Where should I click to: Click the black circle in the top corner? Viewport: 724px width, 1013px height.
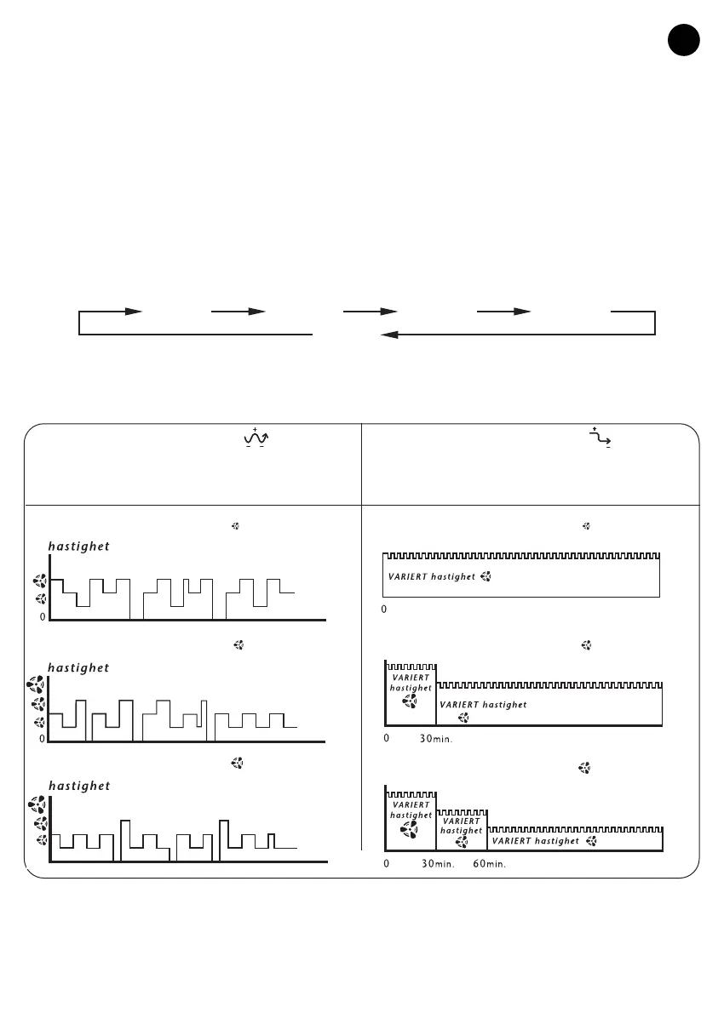[x=684, y=41]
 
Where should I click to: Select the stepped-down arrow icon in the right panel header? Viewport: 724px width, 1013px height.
[x=603, y=438]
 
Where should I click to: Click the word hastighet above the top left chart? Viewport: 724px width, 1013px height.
[x=78, y=547]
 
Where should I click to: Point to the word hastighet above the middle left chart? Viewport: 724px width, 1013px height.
[x=78, y=668]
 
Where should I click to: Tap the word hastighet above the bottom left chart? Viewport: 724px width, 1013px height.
[x=78, y=786]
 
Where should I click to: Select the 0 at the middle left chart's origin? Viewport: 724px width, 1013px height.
[x=42, y=740]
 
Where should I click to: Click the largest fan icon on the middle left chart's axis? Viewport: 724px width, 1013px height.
[x=37, y=684]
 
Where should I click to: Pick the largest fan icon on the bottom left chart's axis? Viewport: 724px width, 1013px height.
[x=37, y=804]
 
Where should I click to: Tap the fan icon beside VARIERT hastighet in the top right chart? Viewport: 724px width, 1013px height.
[x=486, y=577]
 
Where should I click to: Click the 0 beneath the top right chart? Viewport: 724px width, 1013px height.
[x=384, y=610]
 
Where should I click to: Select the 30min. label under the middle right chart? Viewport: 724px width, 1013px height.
[x=436, y=739]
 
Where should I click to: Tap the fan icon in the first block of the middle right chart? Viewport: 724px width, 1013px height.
[x=410, y=701]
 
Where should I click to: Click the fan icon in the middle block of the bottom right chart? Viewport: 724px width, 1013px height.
[x=462, y=842]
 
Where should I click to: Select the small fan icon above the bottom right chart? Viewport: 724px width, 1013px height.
[x=584, y=768]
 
